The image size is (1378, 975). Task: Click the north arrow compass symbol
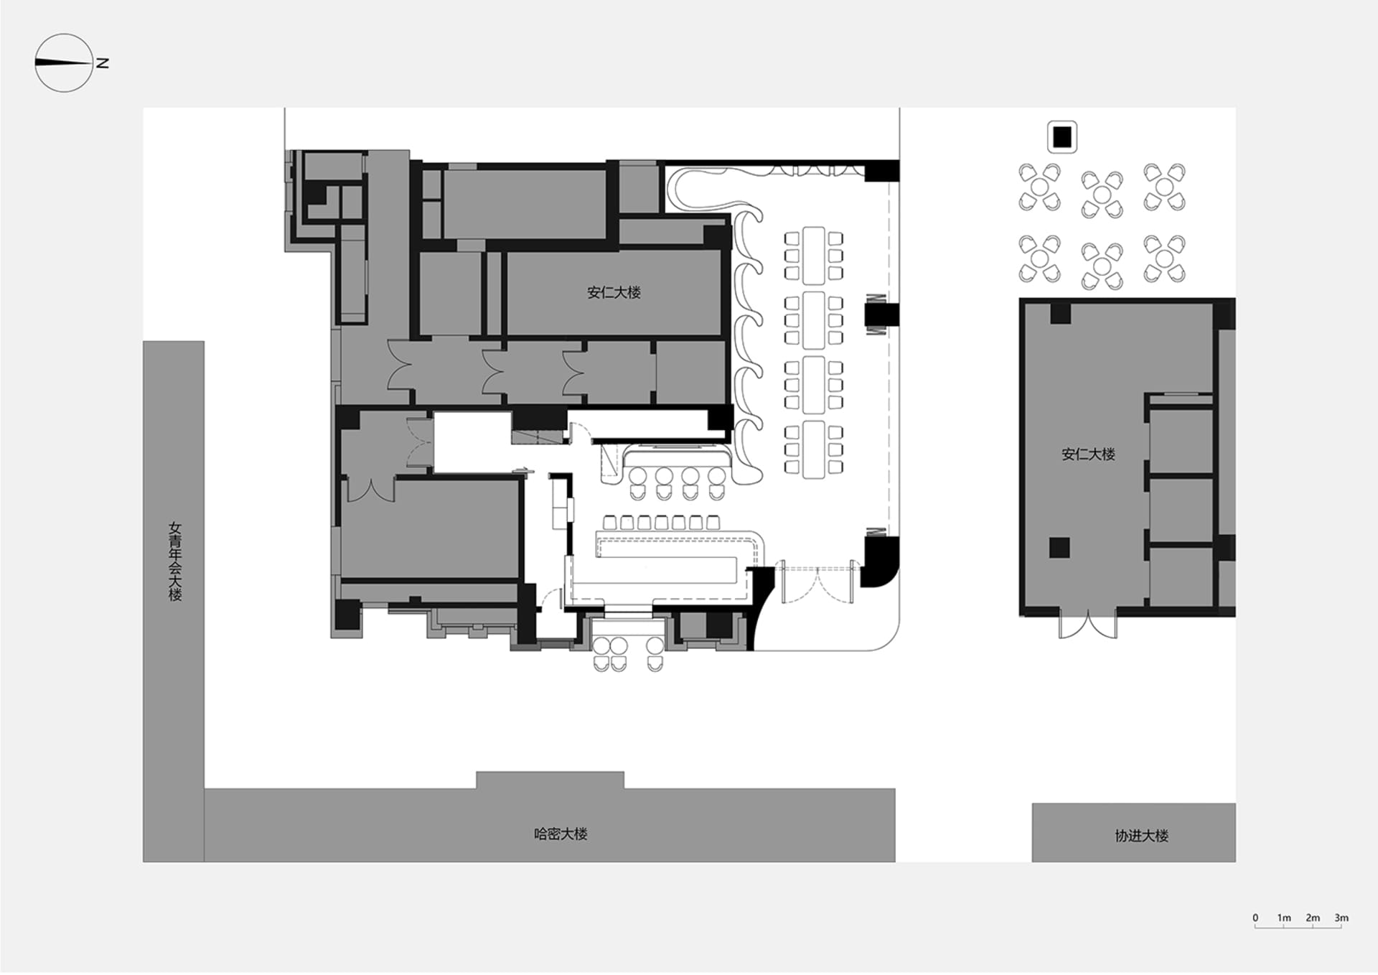[x=64, y=63]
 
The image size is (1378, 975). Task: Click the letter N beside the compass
[x=103, y=63]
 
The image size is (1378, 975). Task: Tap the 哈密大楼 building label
[x=561, y=834]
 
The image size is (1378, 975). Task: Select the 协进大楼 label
[x=1141, y=836]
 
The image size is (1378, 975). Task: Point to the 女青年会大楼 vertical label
[x=175, y=561]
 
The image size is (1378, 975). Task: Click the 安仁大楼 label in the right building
[x=1088, y=454]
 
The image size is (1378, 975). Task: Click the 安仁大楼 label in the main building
[x=614, y=292]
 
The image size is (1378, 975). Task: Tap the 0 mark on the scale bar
[x=1255, y=918]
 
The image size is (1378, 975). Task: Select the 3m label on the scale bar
[x=1341, y=918]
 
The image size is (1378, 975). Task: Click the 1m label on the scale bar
[x=1284, y=918]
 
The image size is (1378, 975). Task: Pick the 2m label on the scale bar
[x=1313, y=918]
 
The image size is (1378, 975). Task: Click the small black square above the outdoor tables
[x=1062, y=136]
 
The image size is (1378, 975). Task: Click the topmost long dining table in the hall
[x=813, y=256]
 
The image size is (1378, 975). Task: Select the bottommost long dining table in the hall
[x=813, y=449]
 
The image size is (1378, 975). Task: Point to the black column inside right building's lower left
[x=1059, y=548]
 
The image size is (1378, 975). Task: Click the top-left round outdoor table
[x=1040, y=187]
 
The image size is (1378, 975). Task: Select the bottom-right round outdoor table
[x=1164, y=258]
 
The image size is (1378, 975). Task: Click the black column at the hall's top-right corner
[x=882, y=170]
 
